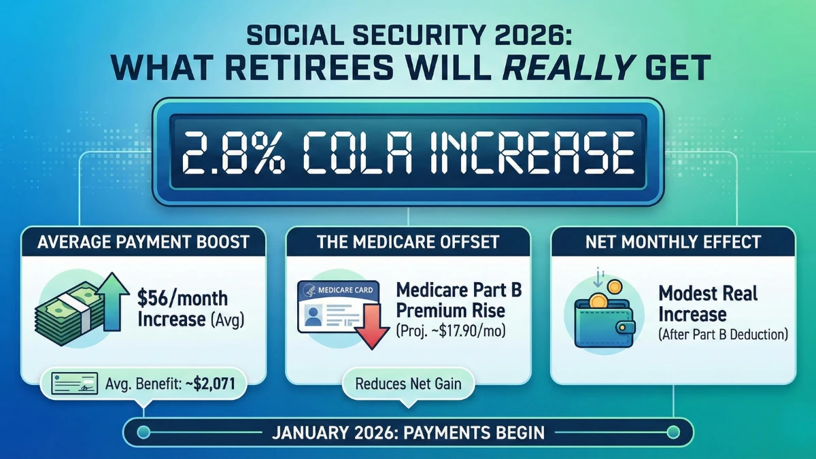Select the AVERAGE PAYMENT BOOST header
click(x=145, y=243)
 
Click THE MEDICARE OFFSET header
click(x=407, y=243)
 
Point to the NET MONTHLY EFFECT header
click(x=672, y=243)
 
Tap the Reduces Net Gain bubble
click(x=408, y=384)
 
